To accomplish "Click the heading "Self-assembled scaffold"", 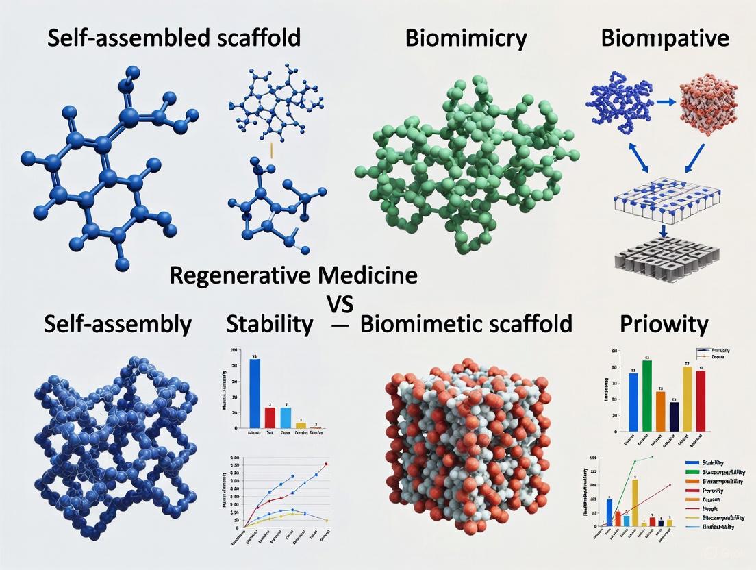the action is click(174, 38).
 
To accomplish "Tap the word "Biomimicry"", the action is click(466, 38).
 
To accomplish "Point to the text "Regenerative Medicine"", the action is click(292, 275).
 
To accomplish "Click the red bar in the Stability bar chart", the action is click(270, 417).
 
